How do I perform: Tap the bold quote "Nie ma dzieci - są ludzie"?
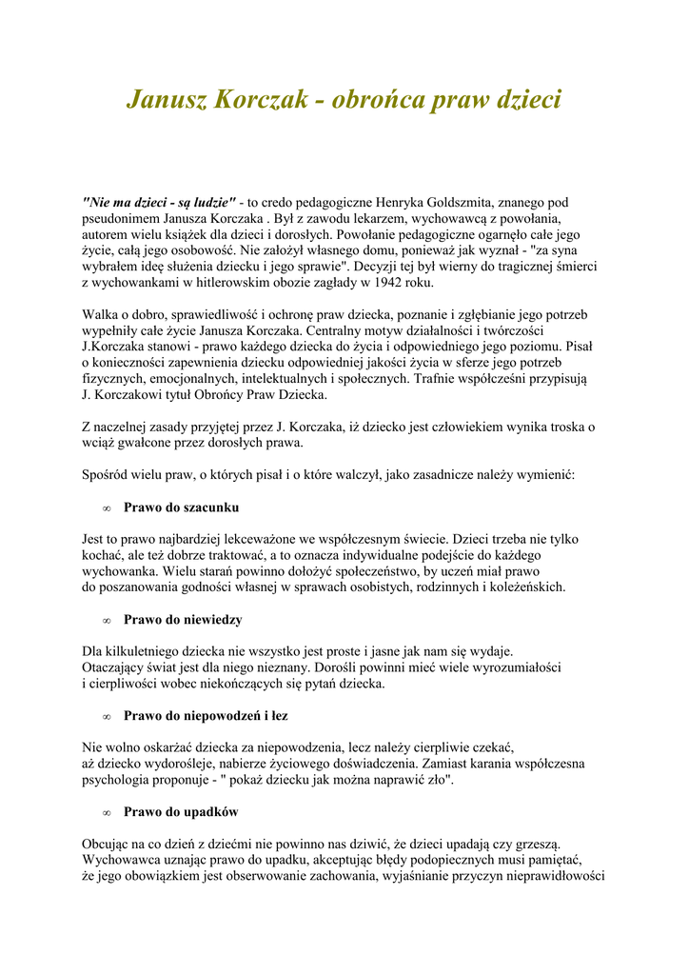pos(159,202)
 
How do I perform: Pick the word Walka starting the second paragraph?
pos(100,315)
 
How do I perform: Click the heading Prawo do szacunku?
pos(181,507)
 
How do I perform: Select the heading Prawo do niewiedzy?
pos(183,620)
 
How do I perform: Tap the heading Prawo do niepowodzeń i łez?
pos(206,716)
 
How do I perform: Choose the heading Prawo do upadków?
pos(181,812)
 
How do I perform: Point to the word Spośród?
pos(107,475)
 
